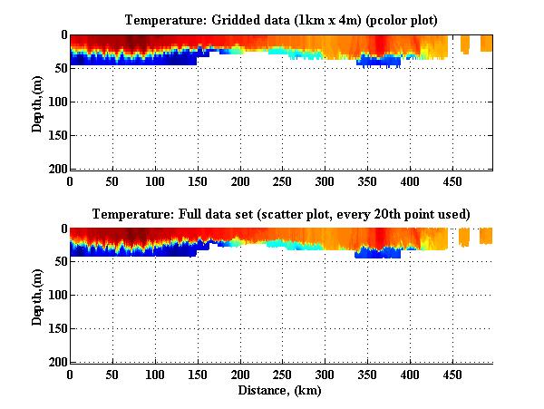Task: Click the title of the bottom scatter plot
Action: [281, 215]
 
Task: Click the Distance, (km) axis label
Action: [281, 392]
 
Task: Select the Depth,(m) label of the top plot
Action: [37, 102]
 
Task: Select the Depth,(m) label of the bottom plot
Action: [37, 296]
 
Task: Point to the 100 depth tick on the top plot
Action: [55, 102]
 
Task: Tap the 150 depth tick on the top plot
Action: [55, 135]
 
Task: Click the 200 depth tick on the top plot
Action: [55, 169]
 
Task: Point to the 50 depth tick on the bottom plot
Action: [58, 262]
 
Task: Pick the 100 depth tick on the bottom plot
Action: [55, 296]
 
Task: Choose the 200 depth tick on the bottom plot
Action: [55, 363]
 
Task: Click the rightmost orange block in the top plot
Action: [486, 43]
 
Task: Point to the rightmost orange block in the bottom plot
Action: [486, 236]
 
